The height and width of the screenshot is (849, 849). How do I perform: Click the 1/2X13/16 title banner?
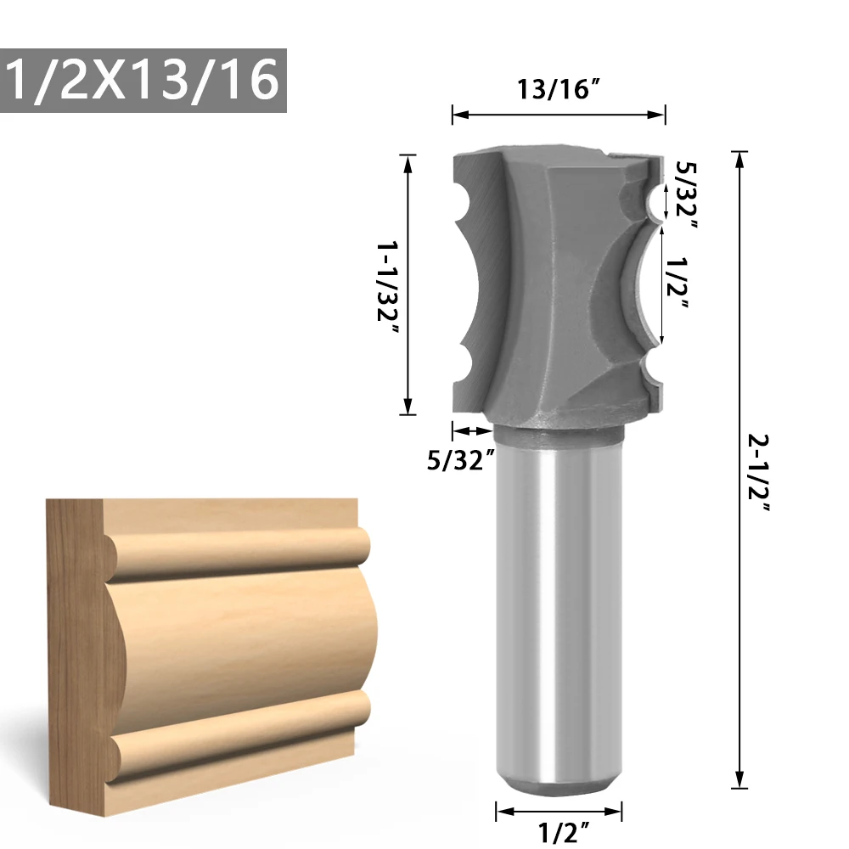(143, 82)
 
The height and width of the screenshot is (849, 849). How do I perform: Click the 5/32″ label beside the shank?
(461, 460)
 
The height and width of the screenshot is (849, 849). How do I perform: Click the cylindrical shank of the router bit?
(559, 611)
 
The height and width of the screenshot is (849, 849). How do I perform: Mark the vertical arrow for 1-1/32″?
(410, 284)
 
